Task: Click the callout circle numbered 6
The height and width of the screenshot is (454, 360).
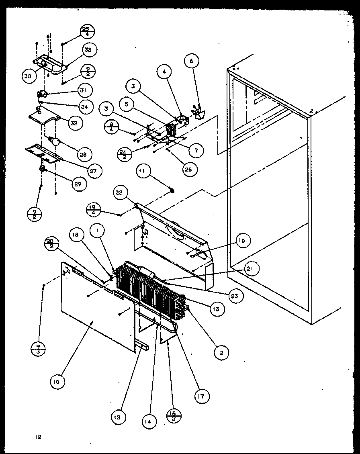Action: pos(192,61)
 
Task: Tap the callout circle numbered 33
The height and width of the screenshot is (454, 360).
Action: pos(88,50)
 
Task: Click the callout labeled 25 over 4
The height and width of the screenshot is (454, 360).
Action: pos(86,31)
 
